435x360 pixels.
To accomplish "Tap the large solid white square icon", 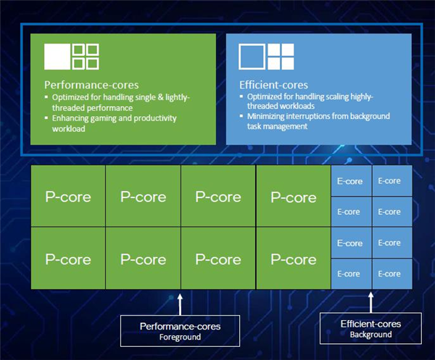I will point(57,57).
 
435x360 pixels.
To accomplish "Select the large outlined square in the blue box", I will point(252,57).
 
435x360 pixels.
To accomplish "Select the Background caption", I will point(370,335).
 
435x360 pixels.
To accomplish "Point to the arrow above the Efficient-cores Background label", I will point(371,300).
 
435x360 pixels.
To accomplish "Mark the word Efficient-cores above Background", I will point(370,324).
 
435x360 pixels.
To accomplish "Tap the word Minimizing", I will point(268,117).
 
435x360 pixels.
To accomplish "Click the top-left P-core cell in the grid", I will point(68,197).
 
